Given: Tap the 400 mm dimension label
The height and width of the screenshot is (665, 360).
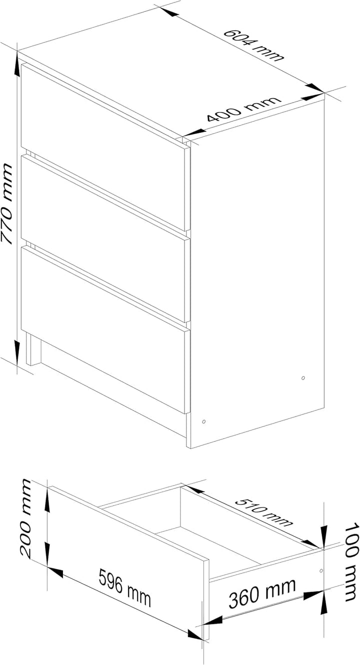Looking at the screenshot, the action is coord(243,109).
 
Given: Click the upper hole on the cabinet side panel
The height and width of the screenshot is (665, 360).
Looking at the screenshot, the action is coord(302,378).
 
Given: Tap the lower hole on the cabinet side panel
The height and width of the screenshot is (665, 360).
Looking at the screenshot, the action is coord(203,421).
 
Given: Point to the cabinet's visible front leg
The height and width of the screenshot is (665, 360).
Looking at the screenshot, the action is coord(33,348).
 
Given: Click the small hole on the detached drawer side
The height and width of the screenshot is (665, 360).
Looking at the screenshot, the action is coord(321,570).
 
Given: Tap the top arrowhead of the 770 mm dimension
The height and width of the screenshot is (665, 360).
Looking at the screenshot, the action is coord(16,64).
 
